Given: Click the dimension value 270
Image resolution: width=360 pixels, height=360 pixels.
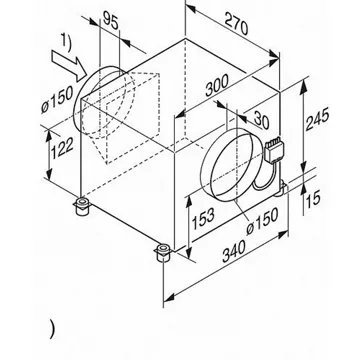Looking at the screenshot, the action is click(x=236, y=23).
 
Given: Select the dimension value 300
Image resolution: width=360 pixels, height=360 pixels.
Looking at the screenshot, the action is click(x=217, y=85).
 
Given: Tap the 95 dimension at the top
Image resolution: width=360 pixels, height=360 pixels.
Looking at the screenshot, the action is click(x=110, y=20).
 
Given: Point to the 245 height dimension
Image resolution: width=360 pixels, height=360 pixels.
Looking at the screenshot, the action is click(x=317, y=119).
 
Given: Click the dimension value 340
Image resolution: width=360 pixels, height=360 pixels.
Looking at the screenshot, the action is click(x=234, y=250).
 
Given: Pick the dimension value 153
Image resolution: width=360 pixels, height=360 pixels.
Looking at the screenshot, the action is click(x=203, y=218).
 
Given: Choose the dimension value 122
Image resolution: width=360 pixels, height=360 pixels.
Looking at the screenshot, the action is click(x=62, y=150).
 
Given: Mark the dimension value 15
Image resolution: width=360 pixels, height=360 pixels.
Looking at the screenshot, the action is click(x=313, y=199).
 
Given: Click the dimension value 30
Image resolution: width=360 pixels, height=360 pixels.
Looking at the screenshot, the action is click(x=261, y=120).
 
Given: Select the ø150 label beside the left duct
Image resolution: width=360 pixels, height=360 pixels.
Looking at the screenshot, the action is click(x=57, y=100).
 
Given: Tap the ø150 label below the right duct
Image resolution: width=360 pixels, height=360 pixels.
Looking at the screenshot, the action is click(x=262, y=221).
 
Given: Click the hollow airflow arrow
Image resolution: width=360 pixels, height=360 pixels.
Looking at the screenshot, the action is click(x=70, y=66).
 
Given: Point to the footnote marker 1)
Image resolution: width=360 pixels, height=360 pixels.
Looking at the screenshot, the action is click(x=66, y=43).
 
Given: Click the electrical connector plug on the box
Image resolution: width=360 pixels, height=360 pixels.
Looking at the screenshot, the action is click(x=273, y=149).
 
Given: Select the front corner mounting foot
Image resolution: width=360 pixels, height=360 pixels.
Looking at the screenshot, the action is click(x=163, y=253).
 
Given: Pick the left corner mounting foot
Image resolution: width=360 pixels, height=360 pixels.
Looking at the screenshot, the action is click(x=81, y=206).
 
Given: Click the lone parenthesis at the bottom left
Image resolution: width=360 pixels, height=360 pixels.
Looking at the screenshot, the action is click(x=52, y=329).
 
